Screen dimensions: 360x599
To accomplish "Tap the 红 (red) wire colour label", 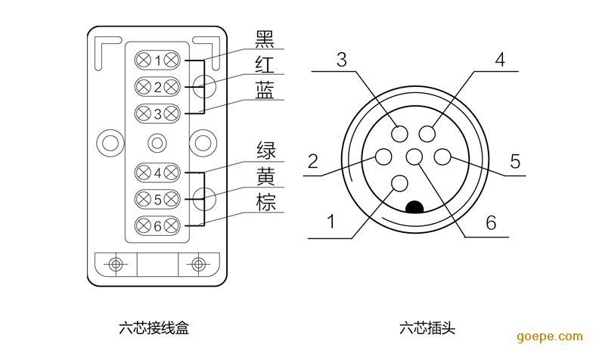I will [265, 64].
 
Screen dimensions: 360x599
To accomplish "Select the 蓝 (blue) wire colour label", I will [265, 89].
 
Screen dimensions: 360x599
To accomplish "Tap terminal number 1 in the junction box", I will [157, 61].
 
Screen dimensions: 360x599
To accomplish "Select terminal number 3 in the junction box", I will [157, 114].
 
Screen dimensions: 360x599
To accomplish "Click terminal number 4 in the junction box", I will [157, 172].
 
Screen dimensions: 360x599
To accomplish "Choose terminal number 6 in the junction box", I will [157, 225].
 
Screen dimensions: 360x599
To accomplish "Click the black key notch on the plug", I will [414, 206].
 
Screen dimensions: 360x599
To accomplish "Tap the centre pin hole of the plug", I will [414, 157].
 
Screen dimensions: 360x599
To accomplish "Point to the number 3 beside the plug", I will [342, 61].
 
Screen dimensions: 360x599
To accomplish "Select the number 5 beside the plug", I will [515, 161].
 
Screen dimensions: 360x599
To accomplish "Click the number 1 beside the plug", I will [330, 222].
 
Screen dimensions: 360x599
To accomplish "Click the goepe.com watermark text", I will [550, 337].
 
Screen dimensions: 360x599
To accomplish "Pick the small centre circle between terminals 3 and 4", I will [157, 143].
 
